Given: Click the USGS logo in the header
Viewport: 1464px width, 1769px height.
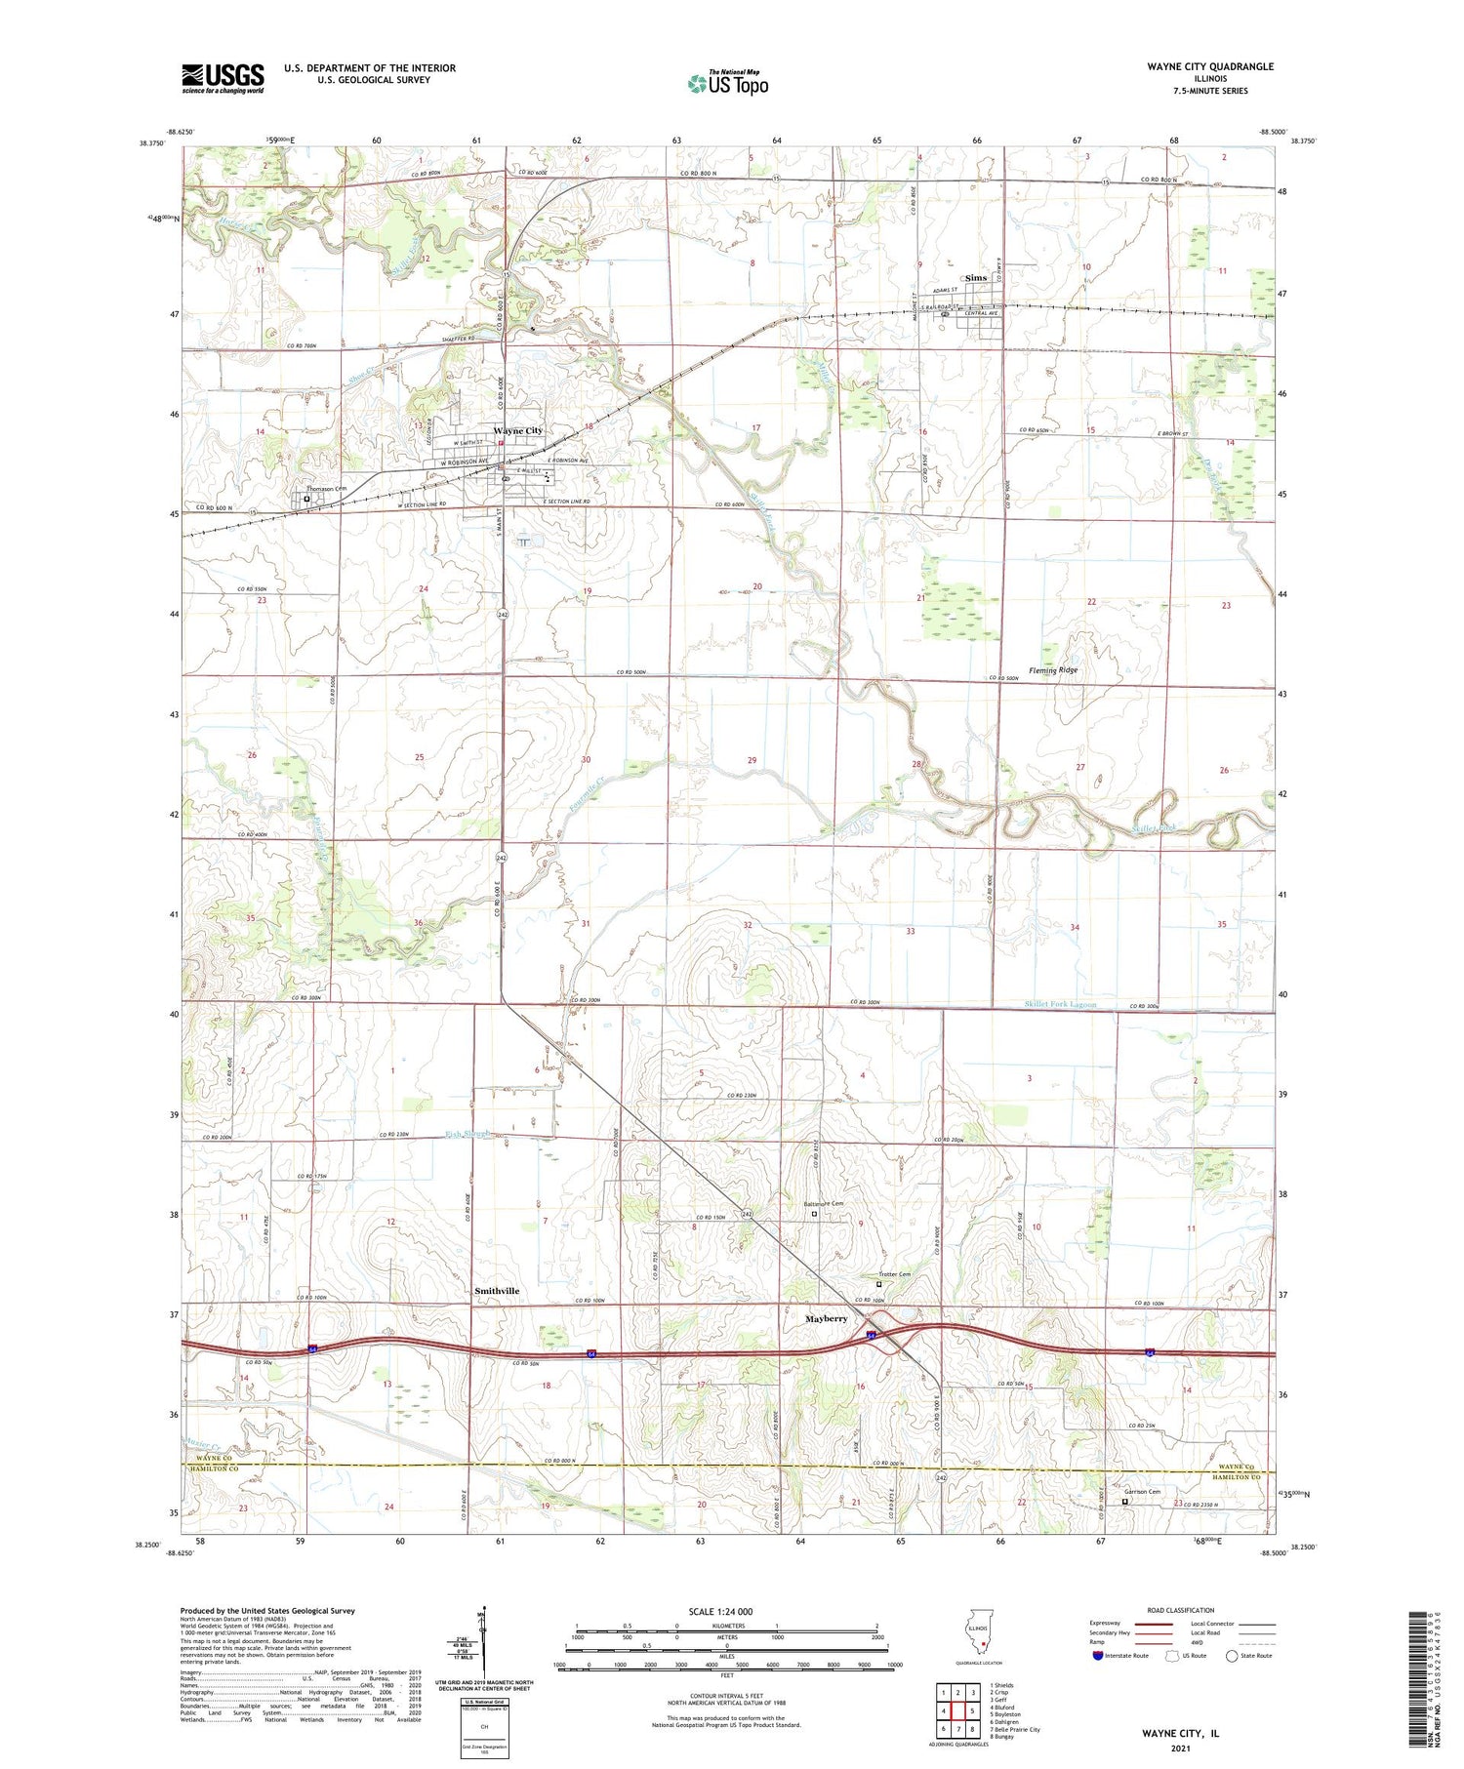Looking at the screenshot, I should tap(223, 78).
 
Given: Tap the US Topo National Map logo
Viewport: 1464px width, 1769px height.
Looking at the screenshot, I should tap(727, 83).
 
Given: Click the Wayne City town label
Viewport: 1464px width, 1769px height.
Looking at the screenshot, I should tap(517, 430).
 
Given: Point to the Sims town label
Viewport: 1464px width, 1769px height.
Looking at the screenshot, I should tap(976, 278).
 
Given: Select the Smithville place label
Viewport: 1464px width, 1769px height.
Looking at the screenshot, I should tap(497, 1291).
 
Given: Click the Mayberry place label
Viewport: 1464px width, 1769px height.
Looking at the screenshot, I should tap(826, 1318).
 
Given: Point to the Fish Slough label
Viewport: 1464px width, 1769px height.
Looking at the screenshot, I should tap(466, 1134).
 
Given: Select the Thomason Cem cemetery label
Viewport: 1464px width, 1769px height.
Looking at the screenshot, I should tap(327, 488).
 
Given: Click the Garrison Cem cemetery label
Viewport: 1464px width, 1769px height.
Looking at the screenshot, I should tap(1141, 1491).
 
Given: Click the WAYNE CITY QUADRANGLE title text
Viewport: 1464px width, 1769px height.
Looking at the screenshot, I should tap(1210, 66).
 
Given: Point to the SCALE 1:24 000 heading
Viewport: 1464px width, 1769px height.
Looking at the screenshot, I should tap(720, 1611).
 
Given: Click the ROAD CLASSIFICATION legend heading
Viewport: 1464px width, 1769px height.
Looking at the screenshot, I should tap(1181, 1610).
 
